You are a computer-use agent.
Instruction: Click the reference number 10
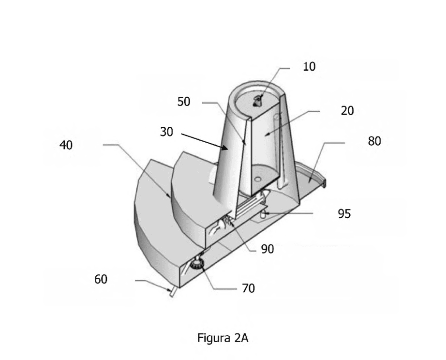(309, 67)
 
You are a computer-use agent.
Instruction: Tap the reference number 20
(347, 111)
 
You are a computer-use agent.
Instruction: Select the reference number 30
(166, 132)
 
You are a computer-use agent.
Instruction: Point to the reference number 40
(66, 145)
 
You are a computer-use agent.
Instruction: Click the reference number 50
(184, 102)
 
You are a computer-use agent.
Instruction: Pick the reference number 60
(101, 279)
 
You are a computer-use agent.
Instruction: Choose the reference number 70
(248, 288)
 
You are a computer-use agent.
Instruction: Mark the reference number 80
(374, 141)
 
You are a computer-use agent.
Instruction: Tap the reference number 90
(268, 249)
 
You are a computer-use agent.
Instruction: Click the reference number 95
(344, 213)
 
